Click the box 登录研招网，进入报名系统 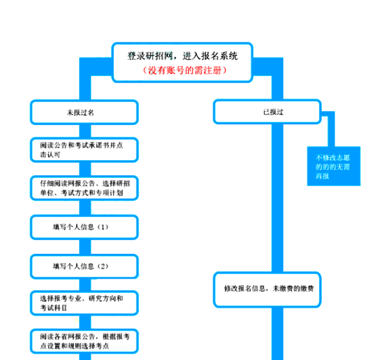[x=183, y=62]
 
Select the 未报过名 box [x=84, y=112]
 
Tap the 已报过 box [x=267, y=112]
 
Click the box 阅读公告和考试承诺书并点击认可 [x=84, y=150]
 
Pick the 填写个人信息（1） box [x=84, y=227]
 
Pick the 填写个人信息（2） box [x=84, y=266]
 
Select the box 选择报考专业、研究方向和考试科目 [x=84, y=303]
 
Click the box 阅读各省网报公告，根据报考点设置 [x=84, y=341]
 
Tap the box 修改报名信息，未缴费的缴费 [x=267, y=289]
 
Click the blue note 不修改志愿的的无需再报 [x=333, y=167]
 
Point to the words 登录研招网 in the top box [x=150, y=57]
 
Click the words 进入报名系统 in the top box [x=213, y=57]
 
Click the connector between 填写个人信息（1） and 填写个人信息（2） [x=84, y=246]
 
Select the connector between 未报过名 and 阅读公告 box [x=84, y=130]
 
